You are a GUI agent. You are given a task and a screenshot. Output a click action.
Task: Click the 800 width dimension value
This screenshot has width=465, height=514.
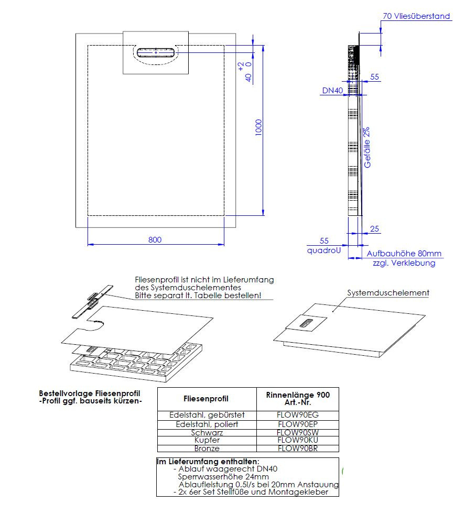[155, 240]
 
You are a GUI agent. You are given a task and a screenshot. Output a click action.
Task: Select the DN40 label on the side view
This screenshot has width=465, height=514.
[332, 91]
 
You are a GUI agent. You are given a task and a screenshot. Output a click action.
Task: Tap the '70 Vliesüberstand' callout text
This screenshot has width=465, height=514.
[416, 16]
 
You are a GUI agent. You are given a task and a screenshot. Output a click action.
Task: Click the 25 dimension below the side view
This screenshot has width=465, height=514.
[375, 229]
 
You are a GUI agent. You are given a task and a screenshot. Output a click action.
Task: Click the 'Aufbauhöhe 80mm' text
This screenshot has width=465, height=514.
[404, 254]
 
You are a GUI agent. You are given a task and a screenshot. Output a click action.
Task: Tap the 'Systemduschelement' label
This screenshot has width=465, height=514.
[388, 293]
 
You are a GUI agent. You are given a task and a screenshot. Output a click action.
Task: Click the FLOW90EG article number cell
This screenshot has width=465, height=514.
[298, 415]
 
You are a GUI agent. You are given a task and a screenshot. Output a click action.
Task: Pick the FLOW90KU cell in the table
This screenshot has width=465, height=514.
[298, 441]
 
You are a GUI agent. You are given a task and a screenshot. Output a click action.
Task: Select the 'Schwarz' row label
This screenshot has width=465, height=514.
[207, 433]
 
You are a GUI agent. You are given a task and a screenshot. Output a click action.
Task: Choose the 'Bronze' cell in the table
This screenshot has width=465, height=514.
[207, 449]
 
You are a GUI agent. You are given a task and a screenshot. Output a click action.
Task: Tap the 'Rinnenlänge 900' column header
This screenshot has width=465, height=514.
[298, 395]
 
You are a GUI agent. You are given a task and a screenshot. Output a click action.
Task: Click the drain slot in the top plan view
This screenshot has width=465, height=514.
[156, 53]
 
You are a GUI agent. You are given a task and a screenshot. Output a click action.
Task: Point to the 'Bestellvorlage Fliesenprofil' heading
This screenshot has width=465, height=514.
[90, 393]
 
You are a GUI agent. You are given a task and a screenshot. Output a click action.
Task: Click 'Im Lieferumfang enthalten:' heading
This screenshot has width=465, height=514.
[208, 462]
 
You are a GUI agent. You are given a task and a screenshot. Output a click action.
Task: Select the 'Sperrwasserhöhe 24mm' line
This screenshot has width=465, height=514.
[223, 477]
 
